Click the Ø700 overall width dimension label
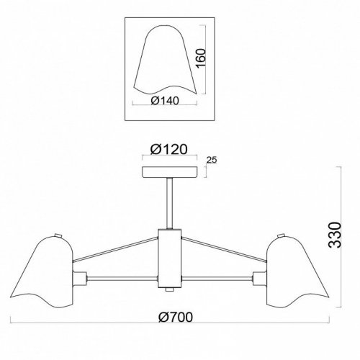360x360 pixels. [x=176, y=317]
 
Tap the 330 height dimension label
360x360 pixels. [x=335, y=235]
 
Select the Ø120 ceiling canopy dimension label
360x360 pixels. [x=168, y=150]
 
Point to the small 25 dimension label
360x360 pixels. [x=212, y=160]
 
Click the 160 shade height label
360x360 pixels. [x=201, y=58]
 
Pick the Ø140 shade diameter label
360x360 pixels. [x=165, y=101]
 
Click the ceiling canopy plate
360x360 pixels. [x=170, y=172]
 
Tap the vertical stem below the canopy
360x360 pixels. [x=170, y=204]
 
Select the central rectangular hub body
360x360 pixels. [x=170, y=258]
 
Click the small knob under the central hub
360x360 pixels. [x=170, y=289]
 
